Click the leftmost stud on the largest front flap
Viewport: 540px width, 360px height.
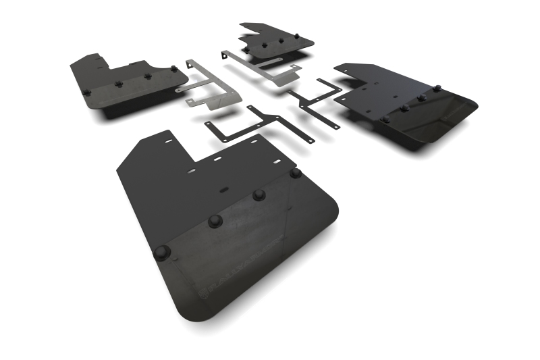point(163,253)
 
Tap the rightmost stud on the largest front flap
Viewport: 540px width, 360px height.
point(295,173)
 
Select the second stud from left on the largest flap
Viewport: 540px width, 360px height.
point(215,221)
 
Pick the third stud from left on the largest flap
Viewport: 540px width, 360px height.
point(258,195)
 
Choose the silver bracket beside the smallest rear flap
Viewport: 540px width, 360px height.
point(263,68)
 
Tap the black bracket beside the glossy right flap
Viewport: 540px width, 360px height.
point(317,101)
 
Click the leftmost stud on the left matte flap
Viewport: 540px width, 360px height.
point(86,92)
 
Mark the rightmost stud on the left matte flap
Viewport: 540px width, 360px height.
point(174,69)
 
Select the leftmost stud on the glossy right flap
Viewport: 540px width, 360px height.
point(385,119)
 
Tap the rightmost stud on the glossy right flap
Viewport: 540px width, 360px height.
point(437,88)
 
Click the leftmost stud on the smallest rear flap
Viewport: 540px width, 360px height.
point(246,51)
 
